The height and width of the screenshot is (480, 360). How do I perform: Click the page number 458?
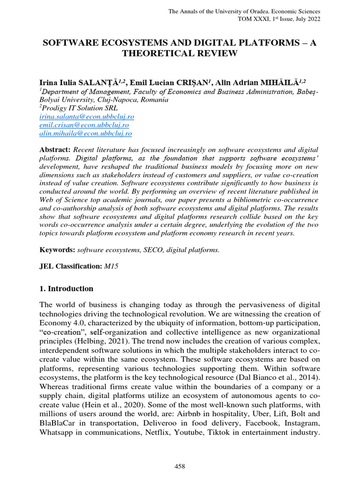click(x=180, y=466)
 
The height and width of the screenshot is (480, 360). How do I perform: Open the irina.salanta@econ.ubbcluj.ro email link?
click(x=87, y=116)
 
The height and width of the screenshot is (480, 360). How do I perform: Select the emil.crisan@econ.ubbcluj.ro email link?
click(x=84, y=125)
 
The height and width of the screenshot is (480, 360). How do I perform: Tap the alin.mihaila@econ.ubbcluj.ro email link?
click(x=85, y=133)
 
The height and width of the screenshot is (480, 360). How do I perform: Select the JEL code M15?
click(x=111, y=266)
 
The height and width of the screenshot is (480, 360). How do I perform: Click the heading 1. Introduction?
click(x=66, y=288)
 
